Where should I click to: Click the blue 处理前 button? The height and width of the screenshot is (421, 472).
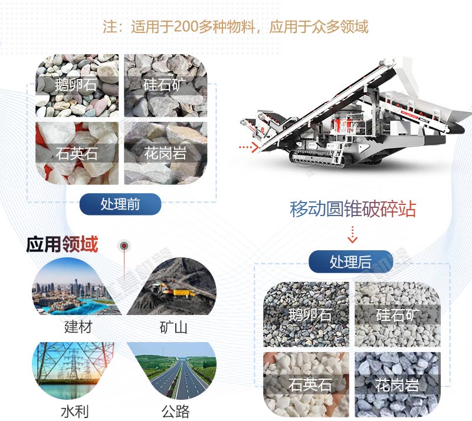pos(120,204)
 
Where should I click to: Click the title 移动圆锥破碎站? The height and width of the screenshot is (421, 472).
pos(353,209)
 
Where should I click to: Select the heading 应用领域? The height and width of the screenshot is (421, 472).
pos(62,244)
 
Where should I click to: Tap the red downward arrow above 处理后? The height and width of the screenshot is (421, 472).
pos(352,234)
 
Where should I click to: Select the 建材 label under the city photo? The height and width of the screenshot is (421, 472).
pos(78,326)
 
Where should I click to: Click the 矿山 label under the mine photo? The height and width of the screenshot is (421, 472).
pos(173,327)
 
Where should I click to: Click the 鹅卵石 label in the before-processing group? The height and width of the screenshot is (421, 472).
pos(75,84)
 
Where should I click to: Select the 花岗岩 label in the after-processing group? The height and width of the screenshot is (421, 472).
pos(396,386)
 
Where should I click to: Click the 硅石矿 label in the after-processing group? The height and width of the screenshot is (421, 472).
pos(398,314)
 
